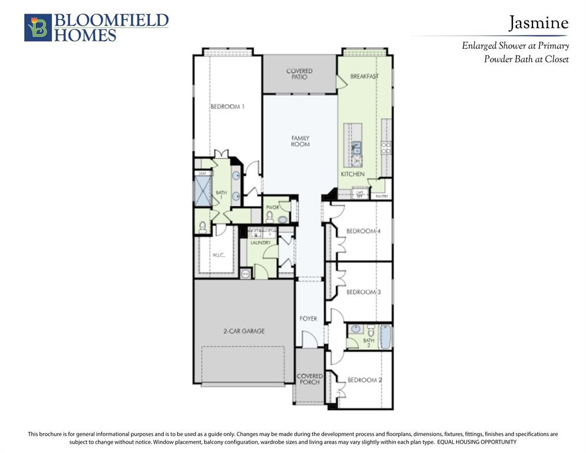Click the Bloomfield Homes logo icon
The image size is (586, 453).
[38, 28]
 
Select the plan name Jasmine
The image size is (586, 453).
[538, 23]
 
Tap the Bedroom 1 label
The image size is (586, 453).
[227, 106]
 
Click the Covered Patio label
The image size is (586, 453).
[299, 74]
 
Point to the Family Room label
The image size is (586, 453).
[300, 141]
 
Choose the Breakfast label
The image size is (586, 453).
[364, 76]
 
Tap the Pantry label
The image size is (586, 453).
[381, 196]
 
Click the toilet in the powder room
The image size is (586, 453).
[269, 217]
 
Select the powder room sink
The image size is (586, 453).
[282, 219]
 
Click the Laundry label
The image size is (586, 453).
[260, 242]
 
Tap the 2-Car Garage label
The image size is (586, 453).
[243, 331]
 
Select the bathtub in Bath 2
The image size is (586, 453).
[385, 337]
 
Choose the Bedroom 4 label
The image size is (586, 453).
[363, 231]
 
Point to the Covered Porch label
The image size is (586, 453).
[310, 379]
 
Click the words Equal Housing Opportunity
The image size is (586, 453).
[476, 442]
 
